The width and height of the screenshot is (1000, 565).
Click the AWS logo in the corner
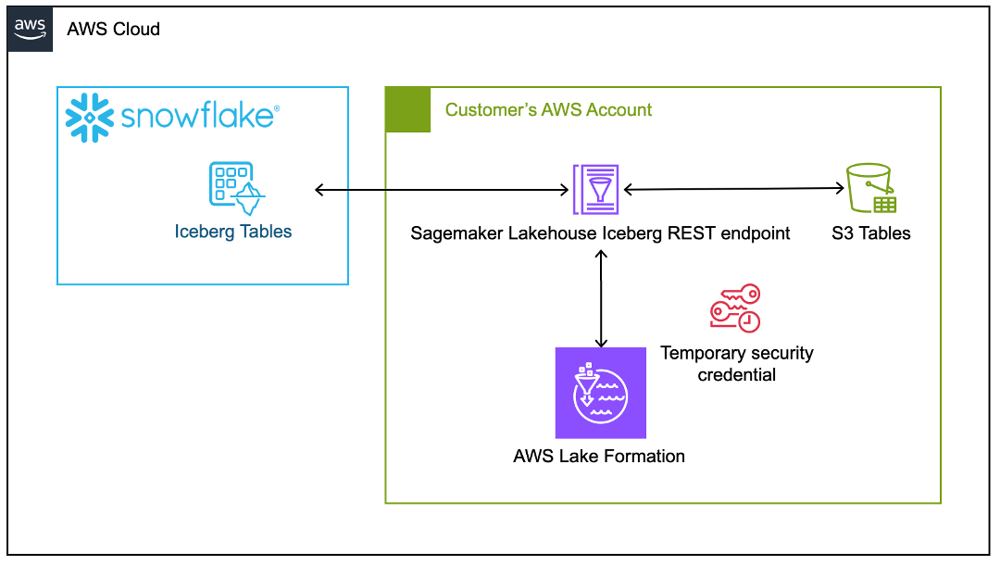[x=30, y=28]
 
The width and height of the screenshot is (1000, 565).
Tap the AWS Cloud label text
[x=113, y=29]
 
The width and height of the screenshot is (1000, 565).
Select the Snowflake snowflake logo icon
[x=89, y=118]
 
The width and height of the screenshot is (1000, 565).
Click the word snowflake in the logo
[x=197, y=117]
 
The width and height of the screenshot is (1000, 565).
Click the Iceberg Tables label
[x=233, y=232]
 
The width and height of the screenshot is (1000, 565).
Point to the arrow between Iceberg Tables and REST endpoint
[x=442, y=190]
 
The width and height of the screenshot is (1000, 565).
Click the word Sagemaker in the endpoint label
[x=457, y=232]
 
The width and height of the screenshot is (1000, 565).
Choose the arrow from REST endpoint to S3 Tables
[x=734, y=189]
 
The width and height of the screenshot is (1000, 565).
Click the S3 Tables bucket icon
[x=869, y=188]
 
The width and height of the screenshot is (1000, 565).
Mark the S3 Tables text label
[x=870, y=232]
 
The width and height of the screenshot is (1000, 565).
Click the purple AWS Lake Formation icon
[x=600, y=393]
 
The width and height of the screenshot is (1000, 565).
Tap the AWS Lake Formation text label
[x=599, y=456]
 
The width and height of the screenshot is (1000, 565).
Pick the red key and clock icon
[x=735, y=308]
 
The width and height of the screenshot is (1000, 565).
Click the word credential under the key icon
[x=737, y=375]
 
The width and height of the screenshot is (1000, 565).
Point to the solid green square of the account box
[x=407, y=109]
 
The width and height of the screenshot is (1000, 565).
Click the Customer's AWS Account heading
[x=548, y=110]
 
